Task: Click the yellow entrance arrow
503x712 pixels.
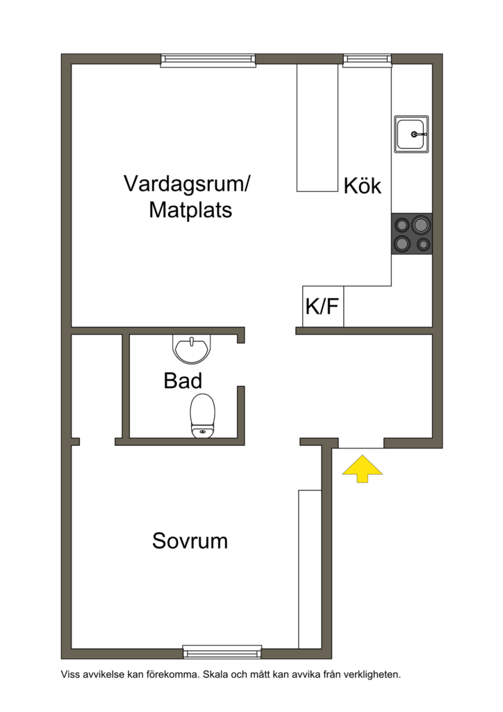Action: pyautogui.click(x=363, y=469)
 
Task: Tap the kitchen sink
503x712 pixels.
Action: pyautogui.click(x=412, y=134)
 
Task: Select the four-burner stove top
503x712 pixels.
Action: pyautogui.click(x=411, y=234)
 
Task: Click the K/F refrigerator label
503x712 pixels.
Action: pyautogui.click(x=322, y=307)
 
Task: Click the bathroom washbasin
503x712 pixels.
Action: pyautogui.click(x=191, y=350)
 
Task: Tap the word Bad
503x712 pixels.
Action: pyautogui.click(x=183, y=381)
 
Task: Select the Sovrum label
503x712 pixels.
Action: pyautogui.click(x=190, y=541)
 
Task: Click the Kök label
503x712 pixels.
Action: pyautogui.click(x=363, y=186)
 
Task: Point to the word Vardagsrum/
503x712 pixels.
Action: pyautogui.click(x=188, y=184)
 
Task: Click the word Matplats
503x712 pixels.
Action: pyautogui.click(x=190, y=210)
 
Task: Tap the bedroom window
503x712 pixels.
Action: pyautogui.click(x=222, y=652)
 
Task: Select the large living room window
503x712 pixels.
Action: pyautogui.click(x=208, y=60)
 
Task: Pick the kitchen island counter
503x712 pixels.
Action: pyautogui.click(x=317, y=128)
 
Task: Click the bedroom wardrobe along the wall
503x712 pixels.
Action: pyautogui.click(x=309, y=569)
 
